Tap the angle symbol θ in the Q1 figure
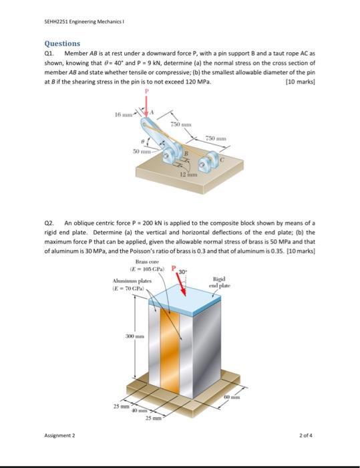click(x=142, y=142)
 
